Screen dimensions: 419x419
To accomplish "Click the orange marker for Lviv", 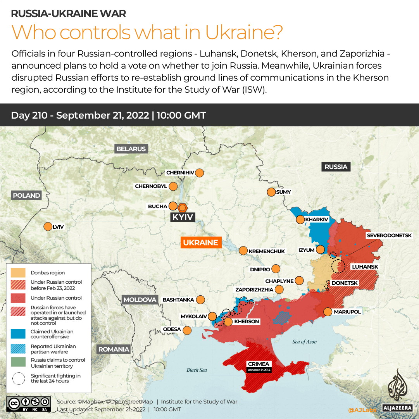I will click(x=48, y=226).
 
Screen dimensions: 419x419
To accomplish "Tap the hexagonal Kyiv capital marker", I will click(x=183, y=207).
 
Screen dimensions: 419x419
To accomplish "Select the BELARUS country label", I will click(x=131, y=149).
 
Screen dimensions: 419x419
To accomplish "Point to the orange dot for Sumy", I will click(x=271, y=192).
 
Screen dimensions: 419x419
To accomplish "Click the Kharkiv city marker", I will click(x=300, y=220).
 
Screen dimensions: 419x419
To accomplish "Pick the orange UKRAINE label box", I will click(x=200, y=243).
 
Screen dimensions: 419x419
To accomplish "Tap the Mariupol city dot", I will click(x=328, y=312).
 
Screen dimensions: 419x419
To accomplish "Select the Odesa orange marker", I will click(x=187, y=330).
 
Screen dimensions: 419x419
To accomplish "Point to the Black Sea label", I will click(x=197, y=370).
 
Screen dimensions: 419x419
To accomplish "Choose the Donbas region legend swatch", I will click(x=18, y=272).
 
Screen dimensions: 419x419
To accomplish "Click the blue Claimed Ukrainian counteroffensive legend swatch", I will click(x=18, y=334).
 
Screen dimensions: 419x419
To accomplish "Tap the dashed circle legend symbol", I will click(x=18, y=378).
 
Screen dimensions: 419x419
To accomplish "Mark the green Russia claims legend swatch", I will click(x=18, y=363).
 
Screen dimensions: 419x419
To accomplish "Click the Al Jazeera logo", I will click(x=397, y=390).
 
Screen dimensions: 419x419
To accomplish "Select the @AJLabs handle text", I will click(x=362, y=409).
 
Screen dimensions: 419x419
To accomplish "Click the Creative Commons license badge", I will click(x=28, y=403).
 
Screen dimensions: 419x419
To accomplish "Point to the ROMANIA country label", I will click(x=114, y=349).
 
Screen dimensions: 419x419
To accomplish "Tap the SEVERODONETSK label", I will click(x=392, y=235).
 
